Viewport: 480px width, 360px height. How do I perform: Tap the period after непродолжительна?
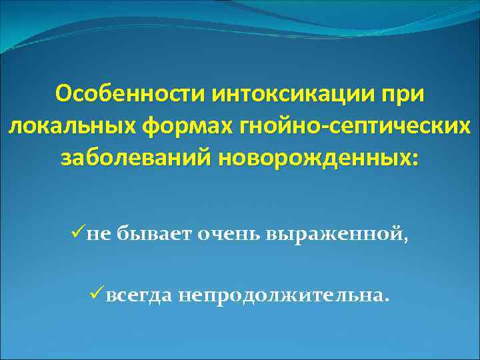click(x=383, y=299)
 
